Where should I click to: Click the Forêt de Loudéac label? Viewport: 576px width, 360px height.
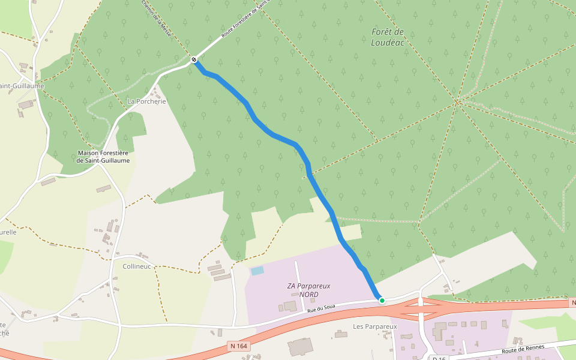tap(387, 37)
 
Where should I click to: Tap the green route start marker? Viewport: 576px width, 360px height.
tap(382, 300)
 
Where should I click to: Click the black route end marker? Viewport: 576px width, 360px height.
tap(194, 59)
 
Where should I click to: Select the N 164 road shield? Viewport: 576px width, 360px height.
tap(239, 346)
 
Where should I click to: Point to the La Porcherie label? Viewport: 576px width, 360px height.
tap(146, 101)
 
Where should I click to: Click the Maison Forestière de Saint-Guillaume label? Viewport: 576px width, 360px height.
tap(103, 157)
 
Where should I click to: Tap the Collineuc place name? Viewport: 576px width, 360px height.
tap(136, 266)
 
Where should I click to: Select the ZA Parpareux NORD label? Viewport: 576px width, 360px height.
tap(308, 290)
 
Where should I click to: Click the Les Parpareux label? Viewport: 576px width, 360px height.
tap(375, 326)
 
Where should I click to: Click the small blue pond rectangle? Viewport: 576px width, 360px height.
tap(257, 271)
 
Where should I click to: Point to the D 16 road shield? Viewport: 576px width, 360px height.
tap(438, 358)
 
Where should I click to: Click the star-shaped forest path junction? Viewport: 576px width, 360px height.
tap(457, 102)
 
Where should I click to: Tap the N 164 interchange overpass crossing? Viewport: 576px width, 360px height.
tap(421, 308)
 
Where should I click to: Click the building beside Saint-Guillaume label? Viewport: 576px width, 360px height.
tap(26, 105)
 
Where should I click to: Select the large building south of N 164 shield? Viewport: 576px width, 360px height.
tap(300, 347)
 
